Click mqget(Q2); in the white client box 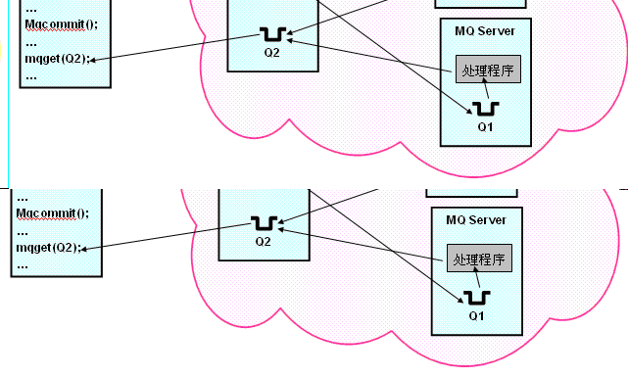point(55,59)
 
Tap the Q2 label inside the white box point(270,52)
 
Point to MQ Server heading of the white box point(486,31)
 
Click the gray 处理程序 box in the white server point(487,70)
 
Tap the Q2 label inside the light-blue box point(263,240)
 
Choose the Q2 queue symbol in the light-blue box point(263,222)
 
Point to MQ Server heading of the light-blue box point(476,221)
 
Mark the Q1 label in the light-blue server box point(477,316)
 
